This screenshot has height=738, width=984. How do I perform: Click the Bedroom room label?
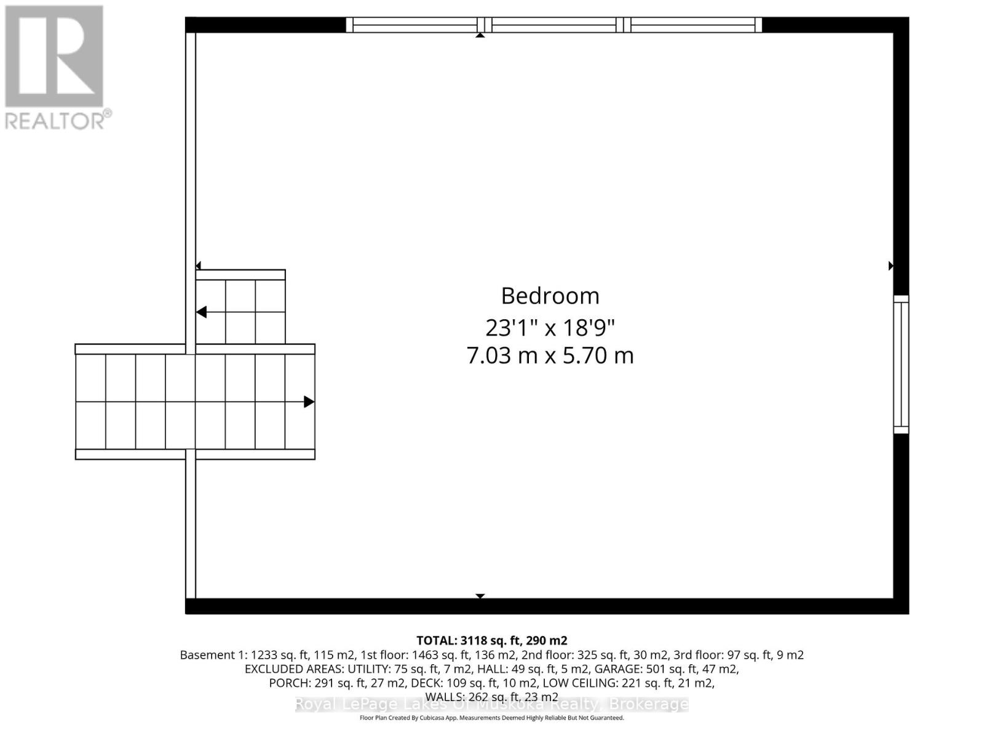pyautogui.click(x=550, y=296)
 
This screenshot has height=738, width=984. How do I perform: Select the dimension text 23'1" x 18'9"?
pyautogui.click(x=550, y=328)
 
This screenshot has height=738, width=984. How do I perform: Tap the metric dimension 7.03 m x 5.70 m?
pyautogui.click(x=550, y=355)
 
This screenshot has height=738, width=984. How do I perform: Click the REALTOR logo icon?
pyautogui.click(x=54, y=57)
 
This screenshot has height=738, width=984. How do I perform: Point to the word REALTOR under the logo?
pyautogui.click(x=55, y=120)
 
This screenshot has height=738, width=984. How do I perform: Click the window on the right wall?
pyautogui.click(x=901, y=364)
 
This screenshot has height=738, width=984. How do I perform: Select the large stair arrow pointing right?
pyautogui.click(x=309, y=402)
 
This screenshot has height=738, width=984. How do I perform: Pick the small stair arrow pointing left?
pyautogui.click(x=201, y=312)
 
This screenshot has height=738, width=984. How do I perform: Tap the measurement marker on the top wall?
pyautogui.click(x=480, y=35)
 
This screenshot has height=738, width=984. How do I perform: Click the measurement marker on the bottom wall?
pyautogui.click(x=480, y=596)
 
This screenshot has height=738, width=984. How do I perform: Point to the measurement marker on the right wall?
pyautogui.click(x=891, y=266)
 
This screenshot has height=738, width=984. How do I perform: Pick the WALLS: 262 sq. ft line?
pyautogui.click(x=491, y=697)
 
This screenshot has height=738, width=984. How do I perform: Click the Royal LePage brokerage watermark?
pyautogui.click(x=491, y=705)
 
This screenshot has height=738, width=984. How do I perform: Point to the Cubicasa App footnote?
pyautogui.click(x=491, y=718)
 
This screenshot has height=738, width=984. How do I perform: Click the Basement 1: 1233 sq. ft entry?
pyautogui.click(x=244, y=655)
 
